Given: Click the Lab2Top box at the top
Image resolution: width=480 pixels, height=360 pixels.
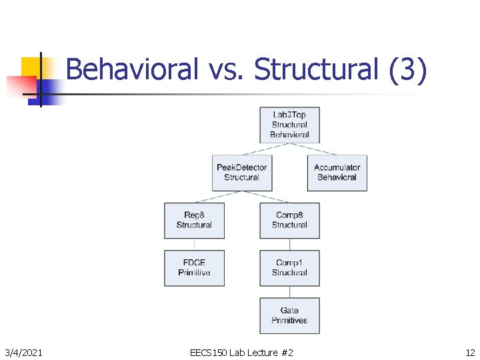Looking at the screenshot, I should click(289, 125).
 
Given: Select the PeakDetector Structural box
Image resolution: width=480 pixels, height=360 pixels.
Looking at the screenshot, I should click(242, 173).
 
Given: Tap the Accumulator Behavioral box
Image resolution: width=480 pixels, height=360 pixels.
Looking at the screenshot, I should click(337, 173).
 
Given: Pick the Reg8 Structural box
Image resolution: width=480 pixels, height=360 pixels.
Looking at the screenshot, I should click(194, 220).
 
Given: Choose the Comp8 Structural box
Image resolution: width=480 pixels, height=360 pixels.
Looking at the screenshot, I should click(289, 220).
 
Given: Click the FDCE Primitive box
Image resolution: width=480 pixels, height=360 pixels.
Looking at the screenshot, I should click(194, 268).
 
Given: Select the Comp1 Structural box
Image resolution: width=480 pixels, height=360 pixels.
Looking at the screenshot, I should click(289, 268).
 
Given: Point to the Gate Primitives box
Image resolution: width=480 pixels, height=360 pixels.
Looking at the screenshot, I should click(289, 315).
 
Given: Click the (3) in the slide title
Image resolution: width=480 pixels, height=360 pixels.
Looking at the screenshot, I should click(407, 69).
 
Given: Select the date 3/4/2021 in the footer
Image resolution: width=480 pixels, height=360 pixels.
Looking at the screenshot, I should click(23, 352).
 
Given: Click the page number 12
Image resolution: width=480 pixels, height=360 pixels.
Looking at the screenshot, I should click(470, 352).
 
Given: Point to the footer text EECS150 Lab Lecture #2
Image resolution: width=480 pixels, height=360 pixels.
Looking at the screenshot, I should click(241, 352).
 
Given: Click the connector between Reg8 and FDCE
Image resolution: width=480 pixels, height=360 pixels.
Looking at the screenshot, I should click(194, 244).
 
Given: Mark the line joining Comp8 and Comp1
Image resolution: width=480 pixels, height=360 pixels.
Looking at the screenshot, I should click(289, 244).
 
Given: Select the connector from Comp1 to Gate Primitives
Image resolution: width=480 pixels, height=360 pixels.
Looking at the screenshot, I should click(289, 291).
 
